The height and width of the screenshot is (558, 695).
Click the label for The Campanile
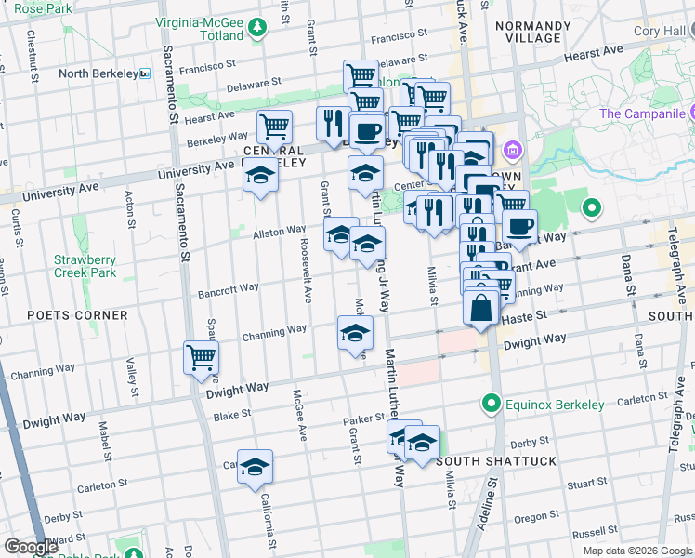[x=648, y=113]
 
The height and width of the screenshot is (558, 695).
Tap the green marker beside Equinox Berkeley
[x=491, y=404]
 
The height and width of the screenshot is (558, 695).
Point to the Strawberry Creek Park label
[x=85, y=267]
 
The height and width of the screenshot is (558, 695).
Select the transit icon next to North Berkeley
[x=145, y=73]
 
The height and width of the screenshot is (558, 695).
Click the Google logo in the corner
[x=31, y=547]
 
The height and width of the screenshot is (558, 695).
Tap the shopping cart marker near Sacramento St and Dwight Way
[x=202, y=357]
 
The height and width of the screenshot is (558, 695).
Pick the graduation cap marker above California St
[x=255, y=467]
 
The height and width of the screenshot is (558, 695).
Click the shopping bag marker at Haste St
[x=481, y=306]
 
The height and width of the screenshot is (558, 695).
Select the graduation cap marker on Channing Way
[x=354, y=334]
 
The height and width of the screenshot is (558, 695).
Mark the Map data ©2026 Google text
[x=636, y=551]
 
